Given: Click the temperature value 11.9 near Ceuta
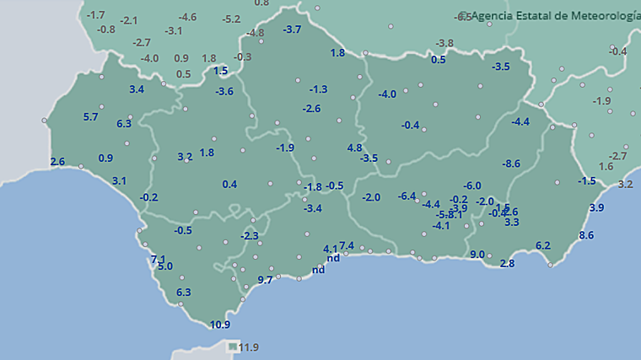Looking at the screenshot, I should (249, 347).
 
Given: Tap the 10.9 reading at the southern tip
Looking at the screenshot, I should (220, 325).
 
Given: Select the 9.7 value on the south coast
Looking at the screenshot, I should (265, 280).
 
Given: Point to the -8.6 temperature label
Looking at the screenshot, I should (511, 163).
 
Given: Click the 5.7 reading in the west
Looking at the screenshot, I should (91, 117).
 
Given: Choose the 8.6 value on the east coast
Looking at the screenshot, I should (587, 234).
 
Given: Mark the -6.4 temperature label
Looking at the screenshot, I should (407, 196).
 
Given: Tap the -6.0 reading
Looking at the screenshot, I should (472, 185).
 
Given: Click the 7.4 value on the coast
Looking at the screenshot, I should (347, 245).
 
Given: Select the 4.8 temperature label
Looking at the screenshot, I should (354, 148).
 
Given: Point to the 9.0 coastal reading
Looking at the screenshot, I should (477, 255).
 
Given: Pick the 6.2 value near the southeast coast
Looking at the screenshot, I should (543, 245).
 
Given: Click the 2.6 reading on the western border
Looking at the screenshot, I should (57, 162).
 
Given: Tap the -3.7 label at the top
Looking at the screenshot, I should (292, 30).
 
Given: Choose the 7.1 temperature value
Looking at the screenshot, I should (158, 259).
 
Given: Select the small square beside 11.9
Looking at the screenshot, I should (233, 347).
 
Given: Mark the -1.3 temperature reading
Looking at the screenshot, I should (318, 89).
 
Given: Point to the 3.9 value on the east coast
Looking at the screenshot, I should (596, 207).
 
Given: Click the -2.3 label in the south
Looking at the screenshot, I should (249, 236).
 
